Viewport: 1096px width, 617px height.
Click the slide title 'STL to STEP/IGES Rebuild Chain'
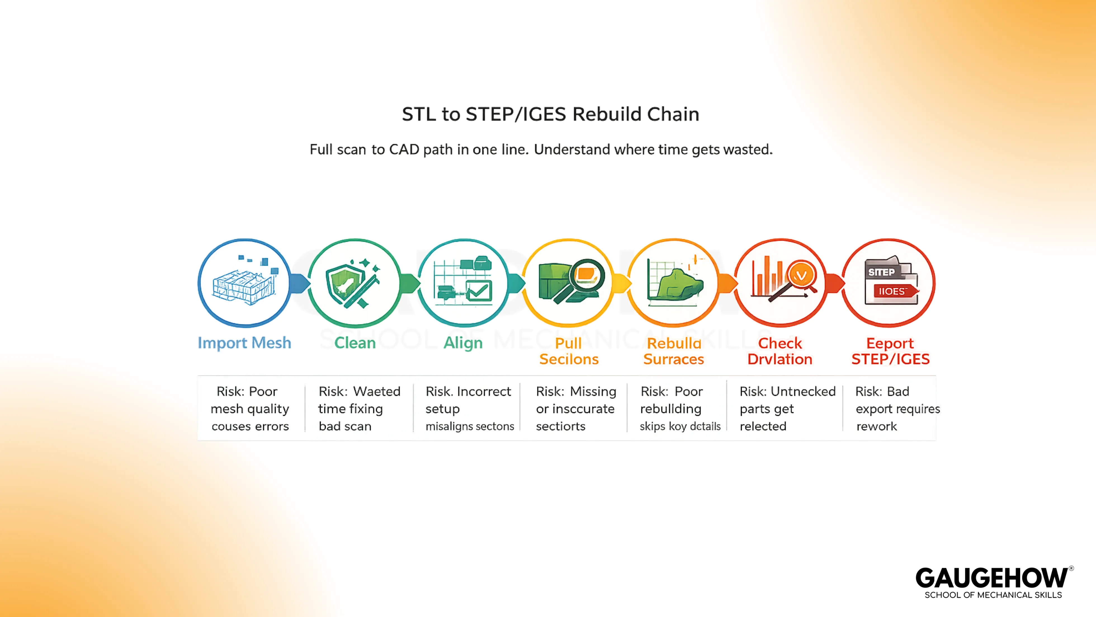click(x=550, y=114)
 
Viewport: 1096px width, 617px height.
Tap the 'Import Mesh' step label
click(x=244, y=343)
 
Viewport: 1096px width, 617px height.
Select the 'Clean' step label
click(x=355, y=343)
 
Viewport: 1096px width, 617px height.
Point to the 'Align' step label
click(x=463, y=343)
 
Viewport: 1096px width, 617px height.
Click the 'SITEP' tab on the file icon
click(x=881, y=272)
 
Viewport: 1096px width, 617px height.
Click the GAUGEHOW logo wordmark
click(x=991, y=578)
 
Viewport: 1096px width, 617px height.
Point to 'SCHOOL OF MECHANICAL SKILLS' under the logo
click(x=993, y=595)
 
